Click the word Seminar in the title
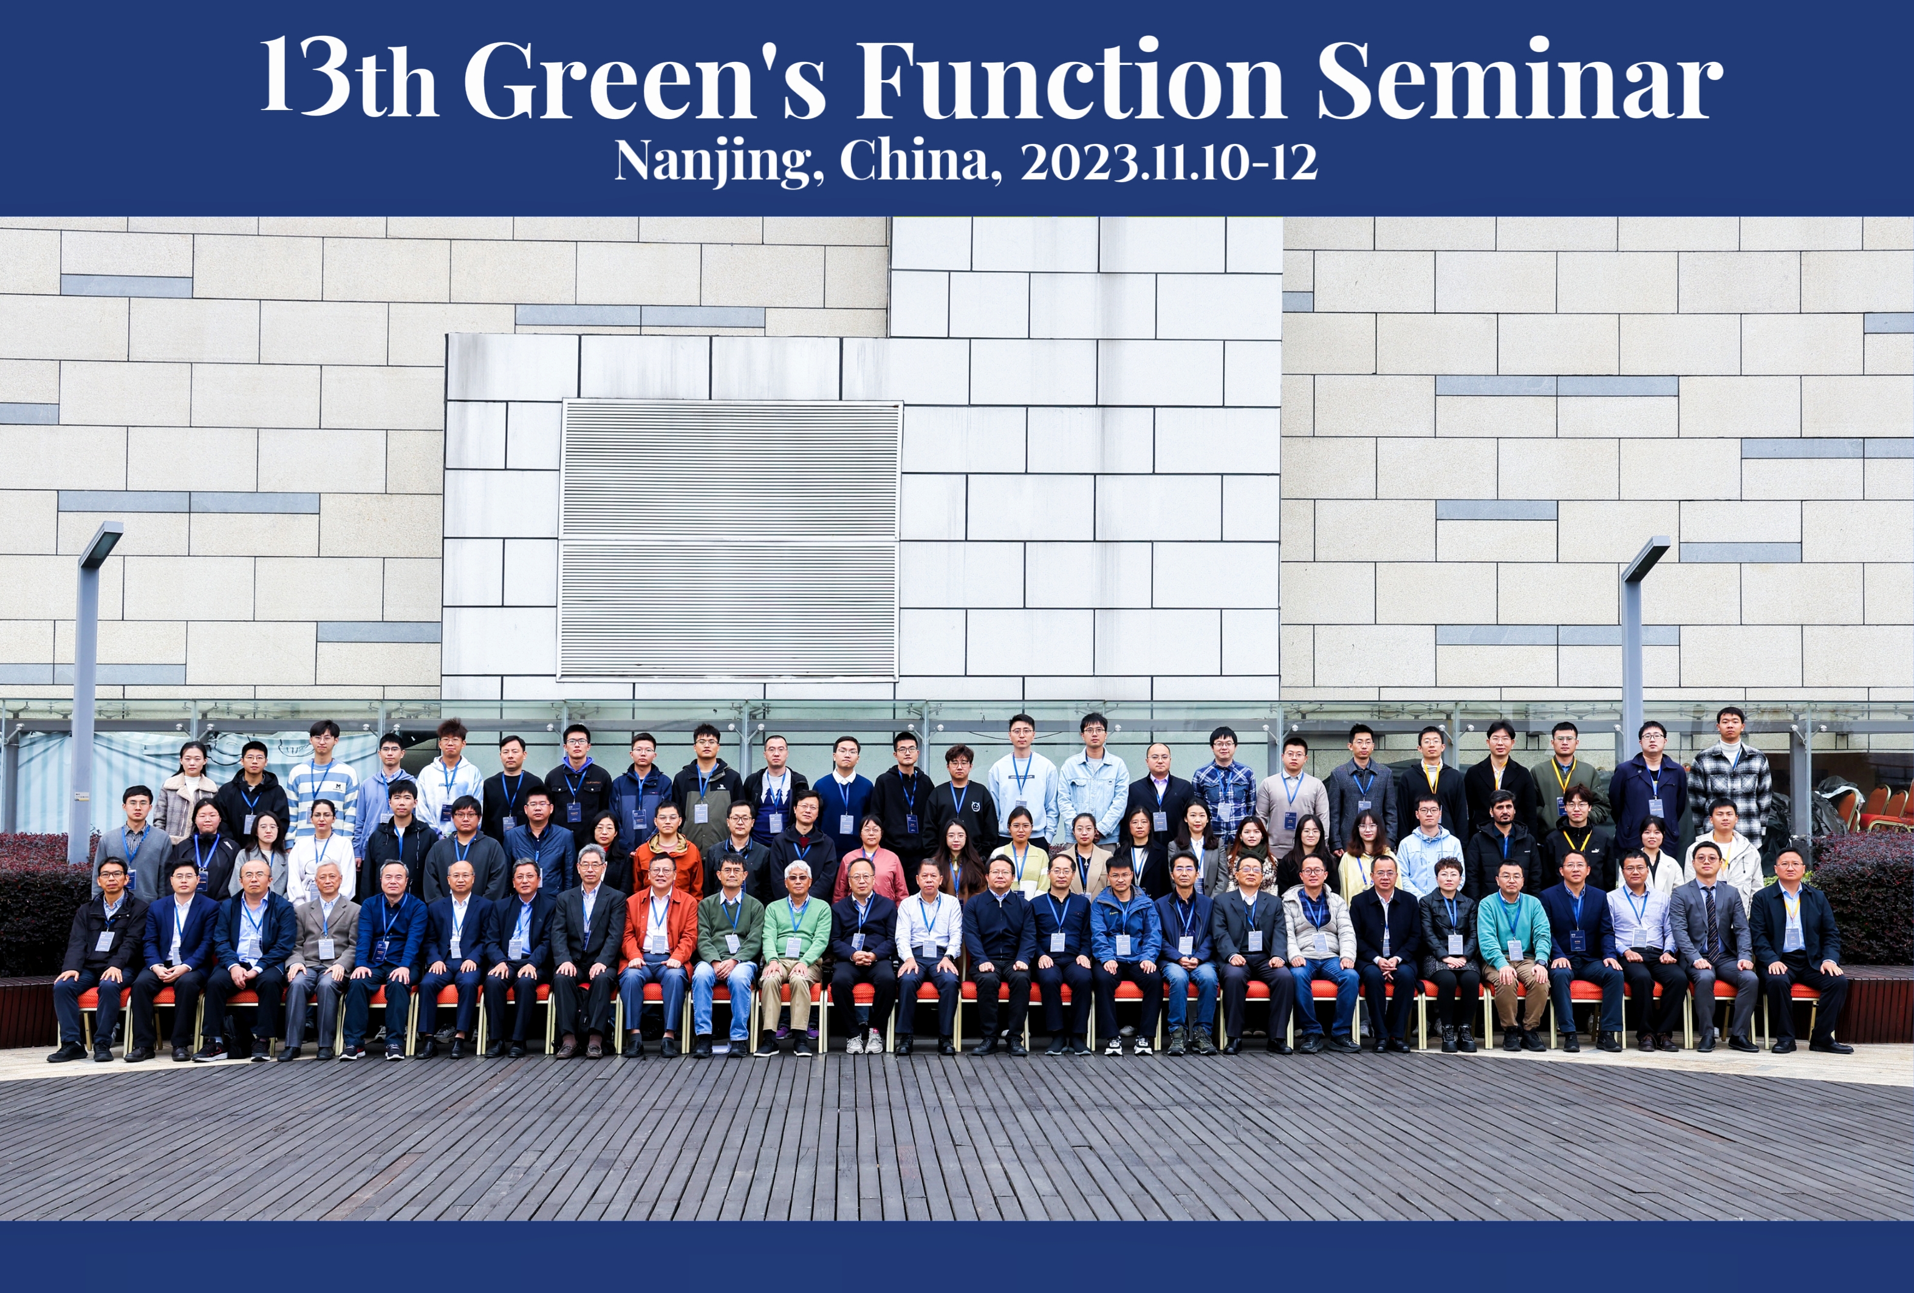click(x=1520, y=80)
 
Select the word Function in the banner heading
click(x=1071, y=80)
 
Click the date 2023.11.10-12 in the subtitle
click(x=1169, y=162)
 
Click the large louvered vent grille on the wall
click(x=730, y=541)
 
